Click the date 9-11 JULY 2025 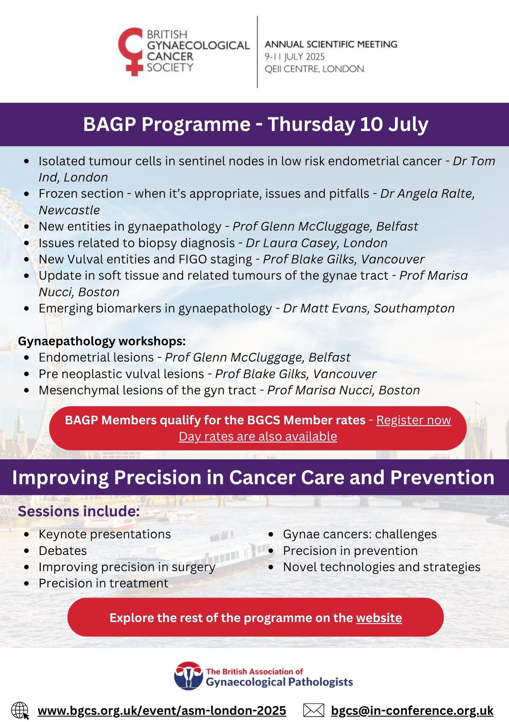[294, 57]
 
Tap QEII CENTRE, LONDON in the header [314, 69]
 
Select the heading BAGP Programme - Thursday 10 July [255, 124]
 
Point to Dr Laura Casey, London [316, 243]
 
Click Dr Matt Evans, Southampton [368, 308]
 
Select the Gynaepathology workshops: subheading [102, 341]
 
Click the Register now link [413, 420]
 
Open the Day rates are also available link [258, 436]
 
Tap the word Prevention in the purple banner [442, 477]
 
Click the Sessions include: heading [79, 512]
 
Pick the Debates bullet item [63, 551]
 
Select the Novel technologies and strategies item [381, 567]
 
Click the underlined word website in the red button [379, 618]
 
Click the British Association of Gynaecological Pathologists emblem [188, 676]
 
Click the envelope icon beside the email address [313, 710]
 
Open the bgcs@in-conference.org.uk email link [412, 710]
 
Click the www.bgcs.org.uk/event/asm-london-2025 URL [161, 710]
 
